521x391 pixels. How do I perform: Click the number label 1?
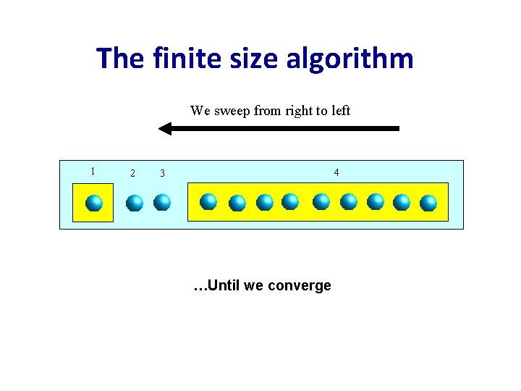tap(92, 171)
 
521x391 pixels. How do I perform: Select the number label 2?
tap(132, 173)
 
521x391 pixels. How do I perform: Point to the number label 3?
tap(162, 173)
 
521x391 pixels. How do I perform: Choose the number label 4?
tap(336, 172)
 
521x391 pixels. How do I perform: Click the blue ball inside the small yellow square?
tap(93, 203)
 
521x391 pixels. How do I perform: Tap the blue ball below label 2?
tap(134, 203)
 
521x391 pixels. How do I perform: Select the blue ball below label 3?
tap(162, 202)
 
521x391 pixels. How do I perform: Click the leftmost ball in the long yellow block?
tap(208, 201)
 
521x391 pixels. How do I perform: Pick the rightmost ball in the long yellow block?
tap(428, 203)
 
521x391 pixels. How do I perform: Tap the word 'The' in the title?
tap(121, 58)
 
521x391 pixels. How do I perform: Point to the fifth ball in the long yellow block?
tap(321, 201)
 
